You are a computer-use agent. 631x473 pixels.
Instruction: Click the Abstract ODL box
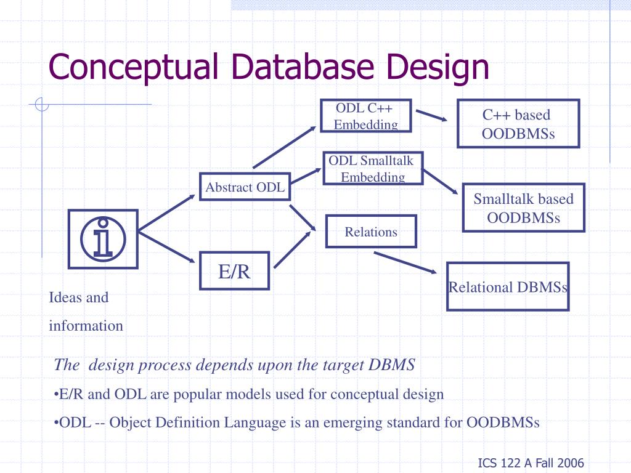pyautogui.click(x=245, y=187)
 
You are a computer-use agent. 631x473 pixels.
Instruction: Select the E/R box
pyautogui.click(x=234, y=271)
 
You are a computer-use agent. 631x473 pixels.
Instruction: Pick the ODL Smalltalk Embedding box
pyautogui.click(x=373, y=168)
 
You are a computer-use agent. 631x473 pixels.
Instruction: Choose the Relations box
pyautogui.click(x=371, y=232)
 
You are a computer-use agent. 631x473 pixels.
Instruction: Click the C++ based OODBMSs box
pyautogui.click(x=518, y=124)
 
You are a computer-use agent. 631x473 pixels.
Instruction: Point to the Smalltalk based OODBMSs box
pyautogui.click(x=523, y=208)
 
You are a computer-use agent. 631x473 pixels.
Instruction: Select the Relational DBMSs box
pyautogui.click(x=508, y=286)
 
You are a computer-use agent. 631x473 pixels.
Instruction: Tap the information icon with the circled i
pyautogui.click(x=103, y=238)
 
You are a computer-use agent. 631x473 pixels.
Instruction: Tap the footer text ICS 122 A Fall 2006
pyautogui.click(x=531, y=464)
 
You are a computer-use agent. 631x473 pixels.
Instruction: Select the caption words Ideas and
pyautogui.click(x=78, y=297)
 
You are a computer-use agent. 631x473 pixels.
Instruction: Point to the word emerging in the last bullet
pyautogui.click(x=352, y=422)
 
